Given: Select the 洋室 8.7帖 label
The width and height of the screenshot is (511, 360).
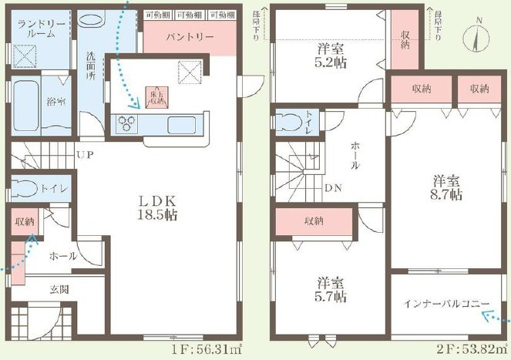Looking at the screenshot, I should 446,188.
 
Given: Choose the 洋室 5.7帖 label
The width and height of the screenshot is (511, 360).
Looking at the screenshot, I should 331,289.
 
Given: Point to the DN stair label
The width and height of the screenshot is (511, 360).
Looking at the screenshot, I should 334,187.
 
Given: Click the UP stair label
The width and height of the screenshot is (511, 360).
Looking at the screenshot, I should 85,155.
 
